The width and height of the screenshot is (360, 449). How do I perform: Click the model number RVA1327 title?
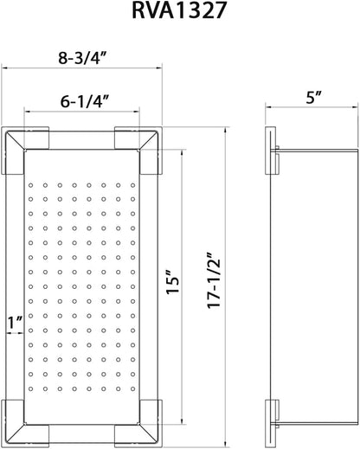pos(178,10)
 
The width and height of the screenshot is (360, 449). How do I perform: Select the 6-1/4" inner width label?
pos(85,101)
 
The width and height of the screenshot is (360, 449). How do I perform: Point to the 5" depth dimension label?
pos(314,98)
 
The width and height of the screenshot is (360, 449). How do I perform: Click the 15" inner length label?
pos(173,282)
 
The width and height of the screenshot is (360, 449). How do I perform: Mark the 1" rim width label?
pos(15,323)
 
